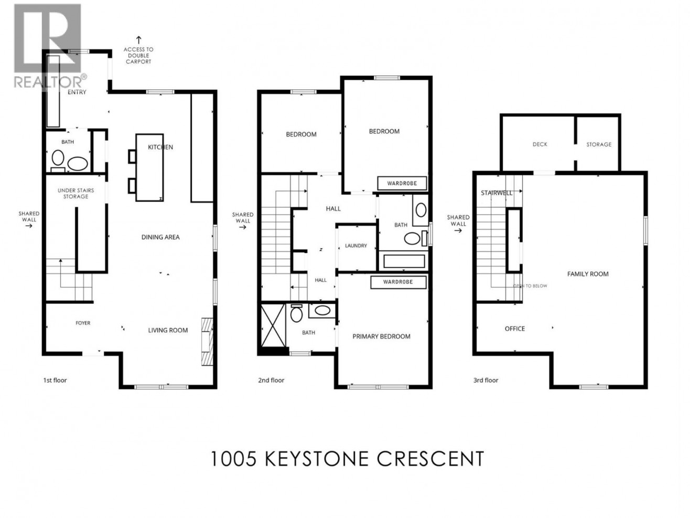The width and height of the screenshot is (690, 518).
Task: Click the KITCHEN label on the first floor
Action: click(160, 147)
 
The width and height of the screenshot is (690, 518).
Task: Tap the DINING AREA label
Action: click(160, 237)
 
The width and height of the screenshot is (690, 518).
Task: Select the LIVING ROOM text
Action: click(168, 330)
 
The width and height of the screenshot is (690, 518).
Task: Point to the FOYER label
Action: click(83, 323)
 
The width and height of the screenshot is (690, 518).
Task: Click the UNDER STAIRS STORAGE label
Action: click(76, 194)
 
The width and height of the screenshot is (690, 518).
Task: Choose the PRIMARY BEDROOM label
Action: click(381, 336)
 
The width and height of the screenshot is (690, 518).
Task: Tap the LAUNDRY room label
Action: click(356, 246)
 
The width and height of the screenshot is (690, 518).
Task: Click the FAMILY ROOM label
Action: click(588, 274)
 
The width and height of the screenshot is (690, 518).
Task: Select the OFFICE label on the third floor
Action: click(515, 329)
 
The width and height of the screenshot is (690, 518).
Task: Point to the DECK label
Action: click(540, 144)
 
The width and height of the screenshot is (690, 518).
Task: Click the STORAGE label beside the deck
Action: click(599, 144)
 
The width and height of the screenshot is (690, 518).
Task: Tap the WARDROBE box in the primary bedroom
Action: click(398, 282)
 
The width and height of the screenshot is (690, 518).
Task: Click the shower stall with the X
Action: click(273, 325)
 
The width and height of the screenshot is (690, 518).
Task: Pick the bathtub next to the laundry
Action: click(404, 261)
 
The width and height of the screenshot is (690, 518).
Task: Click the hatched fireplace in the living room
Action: click(207, 342)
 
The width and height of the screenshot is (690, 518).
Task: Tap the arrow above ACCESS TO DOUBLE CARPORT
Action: click(138, 40)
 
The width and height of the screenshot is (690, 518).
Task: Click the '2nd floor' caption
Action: click(271, 380)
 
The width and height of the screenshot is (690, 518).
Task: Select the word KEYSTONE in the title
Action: click(317, 459)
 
